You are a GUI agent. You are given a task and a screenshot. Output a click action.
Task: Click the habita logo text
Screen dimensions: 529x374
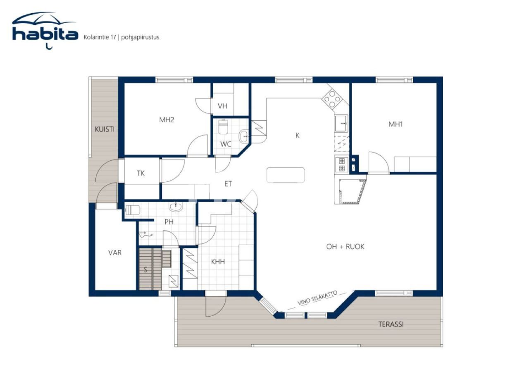pos(45,34)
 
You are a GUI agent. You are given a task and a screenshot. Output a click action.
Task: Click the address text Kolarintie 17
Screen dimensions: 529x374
pos(100,37)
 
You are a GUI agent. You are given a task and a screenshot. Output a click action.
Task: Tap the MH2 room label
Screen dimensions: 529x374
pos(167,120)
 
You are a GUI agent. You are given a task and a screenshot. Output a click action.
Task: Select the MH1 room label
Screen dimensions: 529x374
pos(396,124)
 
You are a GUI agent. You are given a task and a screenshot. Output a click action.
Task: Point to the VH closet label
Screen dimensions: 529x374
pos(222,106)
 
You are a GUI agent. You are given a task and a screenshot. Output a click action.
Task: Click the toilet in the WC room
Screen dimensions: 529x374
pos(223,127)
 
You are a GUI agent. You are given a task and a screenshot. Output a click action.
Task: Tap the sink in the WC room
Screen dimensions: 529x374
pos(244,136)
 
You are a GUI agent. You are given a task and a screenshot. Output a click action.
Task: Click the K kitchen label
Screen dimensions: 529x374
pos(298,136)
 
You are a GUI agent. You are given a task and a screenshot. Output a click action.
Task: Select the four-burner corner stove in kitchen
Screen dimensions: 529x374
pos(332,99)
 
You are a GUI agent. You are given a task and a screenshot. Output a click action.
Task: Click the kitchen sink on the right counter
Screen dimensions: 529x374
pos(341,123)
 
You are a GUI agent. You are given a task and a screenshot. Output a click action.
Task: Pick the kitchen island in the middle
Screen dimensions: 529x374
pos(286,175)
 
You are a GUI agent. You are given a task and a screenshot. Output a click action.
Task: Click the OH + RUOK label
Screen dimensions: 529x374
pos(345,247)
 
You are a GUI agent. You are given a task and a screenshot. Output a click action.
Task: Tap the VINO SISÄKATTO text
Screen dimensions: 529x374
pos(317,298)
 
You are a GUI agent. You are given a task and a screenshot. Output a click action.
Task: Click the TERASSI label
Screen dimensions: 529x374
pos(391,324)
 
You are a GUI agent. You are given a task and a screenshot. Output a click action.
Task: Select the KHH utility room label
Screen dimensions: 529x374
pos(218,262)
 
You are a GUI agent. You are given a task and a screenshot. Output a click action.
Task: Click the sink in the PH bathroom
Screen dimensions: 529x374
pos(176,207)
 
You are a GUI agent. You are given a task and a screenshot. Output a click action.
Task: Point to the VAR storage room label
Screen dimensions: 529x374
pos(115,253)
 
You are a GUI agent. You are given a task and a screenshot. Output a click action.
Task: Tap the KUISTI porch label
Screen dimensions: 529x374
pos(105,129)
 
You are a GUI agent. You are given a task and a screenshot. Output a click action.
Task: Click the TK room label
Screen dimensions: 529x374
pos(141,173)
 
